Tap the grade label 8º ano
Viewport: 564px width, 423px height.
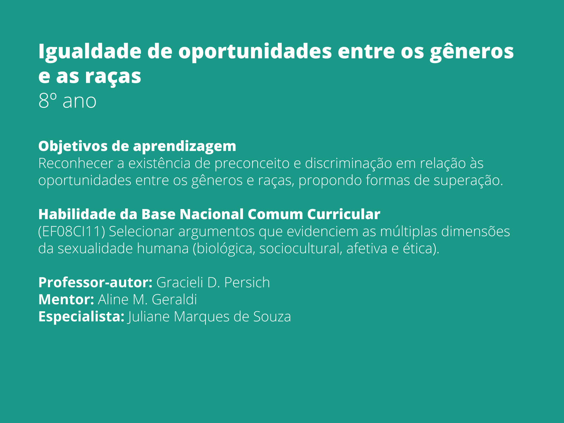point(67,101)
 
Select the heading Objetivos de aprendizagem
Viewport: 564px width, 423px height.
point(137,146)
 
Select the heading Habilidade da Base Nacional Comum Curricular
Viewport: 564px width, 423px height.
point(209,214)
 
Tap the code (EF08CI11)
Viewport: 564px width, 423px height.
point(72,232)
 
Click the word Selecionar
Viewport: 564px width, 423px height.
point(141,232)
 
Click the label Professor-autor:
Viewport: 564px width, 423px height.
point(95,283)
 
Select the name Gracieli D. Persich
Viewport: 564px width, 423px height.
point(213,283)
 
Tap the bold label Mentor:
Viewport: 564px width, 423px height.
point(66,300)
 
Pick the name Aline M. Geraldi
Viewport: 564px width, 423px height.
point(147,300)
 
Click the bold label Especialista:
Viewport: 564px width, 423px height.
point(81,317)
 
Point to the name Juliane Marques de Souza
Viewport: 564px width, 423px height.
point(209,317)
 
